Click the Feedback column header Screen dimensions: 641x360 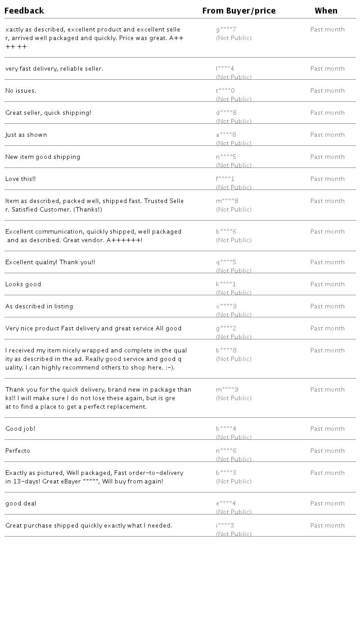(x=24, y=11)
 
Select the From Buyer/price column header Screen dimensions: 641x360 (x=239, y=11)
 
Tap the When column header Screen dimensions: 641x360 (x=326, y=11)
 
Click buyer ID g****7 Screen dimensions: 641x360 (x=226, y=30)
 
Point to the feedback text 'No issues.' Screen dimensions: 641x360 (x=21, y=91)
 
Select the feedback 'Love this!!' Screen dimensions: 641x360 (x=21, y=179)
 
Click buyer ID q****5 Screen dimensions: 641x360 (x=226, y=262)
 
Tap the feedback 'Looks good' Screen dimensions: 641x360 (x=23, y=284)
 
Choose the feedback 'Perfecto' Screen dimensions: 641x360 (x=18, y=451)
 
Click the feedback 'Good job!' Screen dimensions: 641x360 (x=20, y=429)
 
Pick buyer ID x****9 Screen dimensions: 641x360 (x=226, y=307)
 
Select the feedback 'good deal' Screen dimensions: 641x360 (x=21, y=504)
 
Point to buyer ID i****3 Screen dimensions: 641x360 (x=225, y=526)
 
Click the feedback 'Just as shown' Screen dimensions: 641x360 (x=26, y=135)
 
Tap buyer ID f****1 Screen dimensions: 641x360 (x=225, y=179)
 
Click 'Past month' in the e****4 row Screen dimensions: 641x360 (x=328, y=504)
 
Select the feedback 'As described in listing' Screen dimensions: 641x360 (x=39, y=307)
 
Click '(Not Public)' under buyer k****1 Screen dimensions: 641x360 (x=234, y=293)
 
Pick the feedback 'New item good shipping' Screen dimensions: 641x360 (x=43, y=157)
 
